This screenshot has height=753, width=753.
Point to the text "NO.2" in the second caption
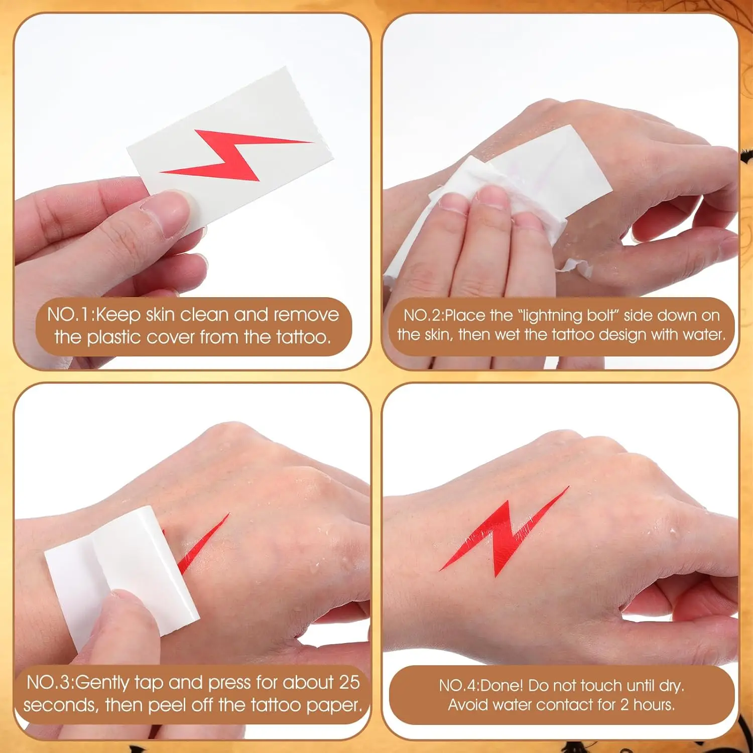pyautogui.click(x=422, y=315)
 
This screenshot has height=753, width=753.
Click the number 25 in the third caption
pyautogui.click(x=349, y=683)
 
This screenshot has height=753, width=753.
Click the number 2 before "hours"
pyautogui.click(x=624, y=705)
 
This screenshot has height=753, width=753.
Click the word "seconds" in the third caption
pyautogui.click(x=60, y=706)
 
